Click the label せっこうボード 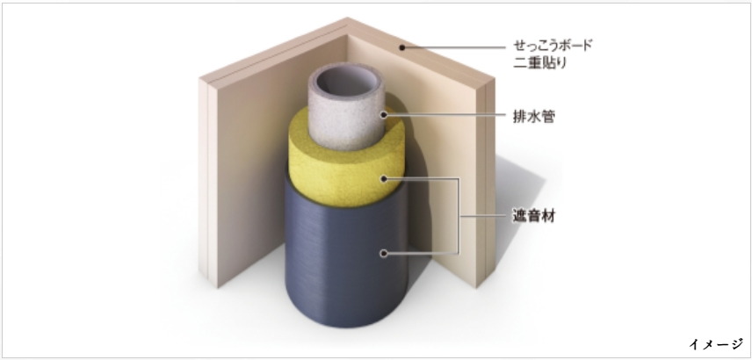click(x=553, y=45)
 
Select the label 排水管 click(x=531, y=114)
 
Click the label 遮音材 click(x=531, y=213)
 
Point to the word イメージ click(x=715, y=344)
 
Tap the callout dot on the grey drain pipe click(x=384, y=114)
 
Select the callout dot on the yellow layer click(x=384, y=178)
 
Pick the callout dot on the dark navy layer click(x=384, y=253)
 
